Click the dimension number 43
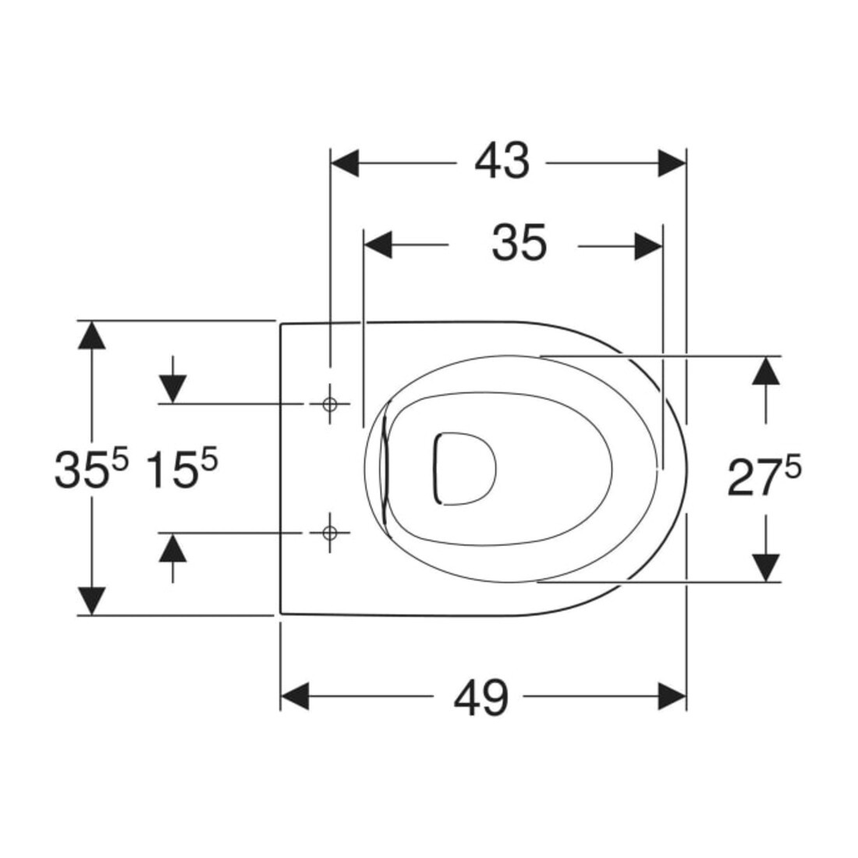[x=502, y=161]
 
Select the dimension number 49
[x=481, y=697]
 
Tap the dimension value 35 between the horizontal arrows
[x=519, y=243]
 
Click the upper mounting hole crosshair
[x=329, y=404]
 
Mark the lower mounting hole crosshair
[x=329, y=533]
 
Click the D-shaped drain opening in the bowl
[x=465, y=469]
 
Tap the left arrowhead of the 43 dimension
[x=345, y=162]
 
